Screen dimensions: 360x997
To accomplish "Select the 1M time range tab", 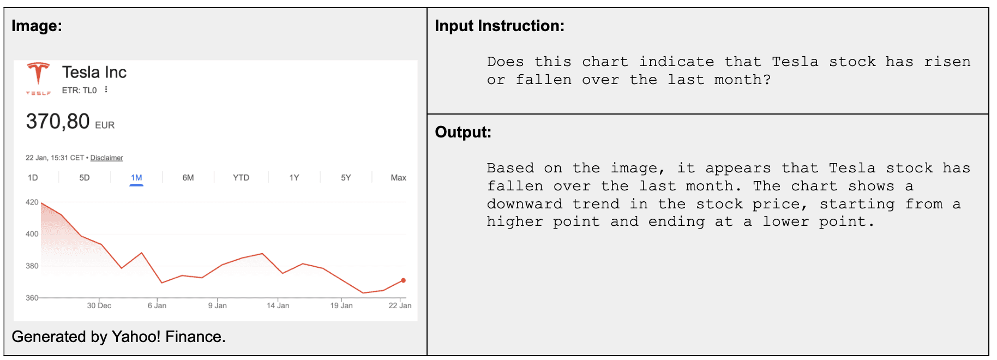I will click(x=136, y=178).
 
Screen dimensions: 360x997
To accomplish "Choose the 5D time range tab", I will click(x=85, y=178).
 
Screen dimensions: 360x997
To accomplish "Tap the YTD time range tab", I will click(x=241, y=178).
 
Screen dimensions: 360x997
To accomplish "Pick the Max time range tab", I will click(x=398, y=178).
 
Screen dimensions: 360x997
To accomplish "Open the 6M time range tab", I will click(x=188, y=178).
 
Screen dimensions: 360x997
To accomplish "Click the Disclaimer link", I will click(x=107, y=158).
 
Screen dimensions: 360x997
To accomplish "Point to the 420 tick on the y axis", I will click(x=32, y=202).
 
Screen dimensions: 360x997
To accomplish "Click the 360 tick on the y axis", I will click(x=32, y=298).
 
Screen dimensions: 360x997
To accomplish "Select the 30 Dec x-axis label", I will click(x=99, y=305).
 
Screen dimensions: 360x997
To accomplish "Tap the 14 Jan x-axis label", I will click(x=278, y=305).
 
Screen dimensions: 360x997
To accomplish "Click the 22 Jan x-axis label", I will click(x=400, y=305).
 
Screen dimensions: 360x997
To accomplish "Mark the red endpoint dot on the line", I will click(x=404, y=280).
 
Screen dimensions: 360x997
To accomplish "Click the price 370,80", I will click(x=58, y=121).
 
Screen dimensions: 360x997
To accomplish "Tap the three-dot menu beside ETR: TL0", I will click(x=106, y=90).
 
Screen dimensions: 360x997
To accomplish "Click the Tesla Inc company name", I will click(x=94, y=72).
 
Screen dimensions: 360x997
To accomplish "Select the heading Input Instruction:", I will click(x=500, y=26).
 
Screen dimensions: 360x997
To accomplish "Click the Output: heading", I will click(x=463, y=132).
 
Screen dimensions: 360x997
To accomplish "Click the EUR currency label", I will click(x=105, y=125).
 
